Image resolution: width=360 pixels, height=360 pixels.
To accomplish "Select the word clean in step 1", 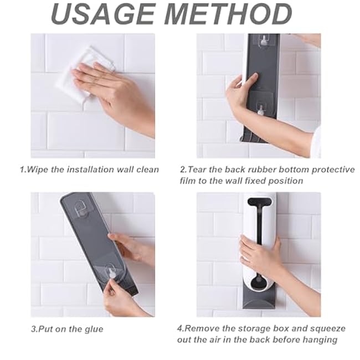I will click(147, 169).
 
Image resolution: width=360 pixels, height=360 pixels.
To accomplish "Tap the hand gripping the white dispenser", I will click(260, 255).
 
